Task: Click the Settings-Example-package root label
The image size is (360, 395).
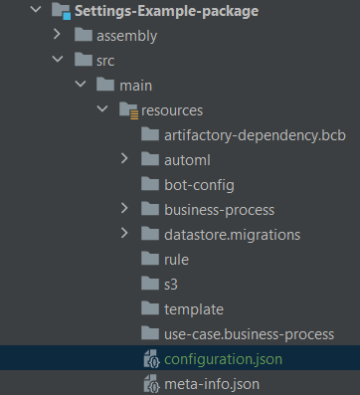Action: [x=166, y=11]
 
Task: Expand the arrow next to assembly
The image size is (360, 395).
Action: [x=57, y=34]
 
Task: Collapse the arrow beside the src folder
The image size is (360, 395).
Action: [x=58, y=59]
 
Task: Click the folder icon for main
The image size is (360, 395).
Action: [x=105, y=85]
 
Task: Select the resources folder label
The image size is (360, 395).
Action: [x=172, y=110]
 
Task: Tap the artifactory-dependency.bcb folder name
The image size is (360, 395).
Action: [x=255, y=135]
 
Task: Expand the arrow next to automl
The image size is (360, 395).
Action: [x=124, y=158]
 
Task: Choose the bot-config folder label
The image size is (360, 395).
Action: [x=199, y=185]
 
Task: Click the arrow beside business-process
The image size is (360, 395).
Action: [x=124, y=208]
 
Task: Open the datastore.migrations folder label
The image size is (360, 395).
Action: [x=233, y=235]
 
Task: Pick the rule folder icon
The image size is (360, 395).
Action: [x=150, y=259]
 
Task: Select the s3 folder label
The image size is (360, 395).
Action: [x=171, y=285]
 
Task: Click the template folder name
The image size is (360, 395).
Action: [x=194, y=309]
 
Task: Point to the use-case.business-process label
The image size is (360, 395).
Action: [x=250, y=334]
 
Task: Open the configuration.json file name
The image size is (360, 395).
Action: [x=224, y=359]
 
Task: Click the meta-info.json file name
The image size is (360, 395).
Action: [x=212, y=384]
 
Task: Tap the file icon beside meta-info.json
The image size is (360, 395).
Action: [x=152, y=384]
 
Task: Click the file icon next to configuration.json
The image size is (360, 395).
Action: [x=152, y=359]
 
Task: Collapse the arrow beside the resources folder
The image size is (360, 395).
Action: [x=102, y=108]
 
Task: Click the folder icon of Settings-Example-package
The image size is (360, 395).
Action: [x=62, y=11]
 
